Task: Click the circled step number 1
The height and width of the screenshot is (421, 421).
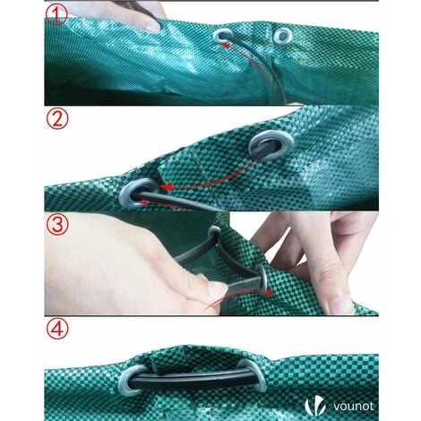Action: pos(56,14)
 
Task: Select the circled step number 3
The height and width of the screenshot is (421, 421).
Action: pos(57,225)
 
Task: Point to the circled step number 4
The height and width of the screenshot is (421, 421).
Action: pos(57,328)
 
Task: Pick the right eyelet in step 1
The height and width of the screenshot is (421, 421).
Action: pos(282,36)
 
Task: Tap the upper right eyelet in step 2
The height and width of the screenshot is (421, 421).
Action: pos(271,145)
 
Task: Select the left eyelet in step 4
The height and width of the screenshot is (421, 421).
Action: pos(131,379)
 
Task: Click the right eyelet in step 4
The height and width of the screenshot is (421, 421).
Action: pos(254,374)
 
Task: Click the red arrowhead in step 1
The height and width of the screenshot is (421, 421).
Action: pos(227,46)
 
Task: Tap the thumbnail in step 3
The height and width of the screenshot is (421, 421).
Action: pos(217,288)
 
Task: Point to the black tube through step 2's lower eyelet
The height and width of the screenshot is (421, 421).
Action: pos(176,201)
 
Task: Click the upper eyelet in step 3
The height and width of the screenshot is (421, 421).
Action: pos(214,233)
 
